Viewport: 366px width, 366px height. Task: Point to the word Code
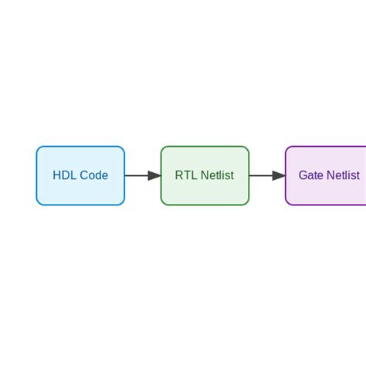(93, 176)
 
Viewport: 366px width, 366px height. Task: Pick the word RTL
(186, 176)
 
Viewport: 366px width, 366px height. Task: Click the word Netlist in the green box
(217, 176)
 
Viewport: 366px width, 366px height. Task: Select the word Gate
(310, 176)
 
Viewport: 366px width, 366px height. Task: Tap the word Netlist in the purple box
(343, 176)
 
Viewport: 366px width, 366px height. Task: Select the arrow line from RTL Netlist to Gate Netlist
(260, 176)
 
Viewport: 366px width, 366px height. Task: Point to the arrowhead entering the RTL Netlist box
(154, 176)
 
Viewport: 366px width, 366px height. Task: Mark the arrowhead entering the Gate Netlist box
(279, 176)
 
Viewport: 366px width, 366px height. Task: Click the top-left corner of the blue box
(38, 148)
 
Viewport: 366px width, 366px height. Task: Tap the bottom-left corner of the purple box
(287, 204)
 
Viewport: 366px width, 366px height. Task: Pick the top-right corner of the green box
(247, 148)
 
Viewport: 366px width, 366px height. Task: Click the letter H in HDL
(56, 176)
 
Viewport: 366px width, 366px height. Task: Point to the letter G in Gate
(303, 176)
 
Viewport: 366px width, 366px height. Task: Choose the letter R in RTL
(179, 176)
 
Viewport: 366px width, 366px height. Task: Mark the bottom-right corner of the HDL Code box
(123, 204)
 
